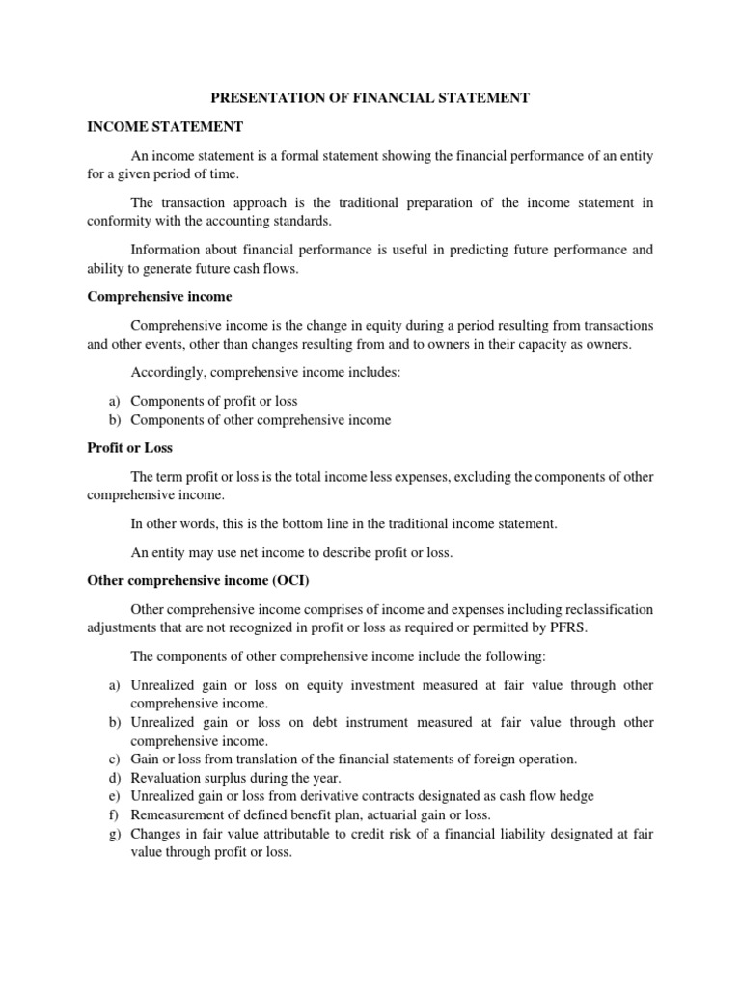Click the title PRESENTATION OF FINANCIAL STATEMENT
click(x=370, y=99)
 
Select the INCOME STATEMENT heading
click(x=165, y=126)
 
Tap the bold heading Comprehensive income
click(x=159, y=296)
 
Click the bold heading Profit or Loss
click(x=129, y=448)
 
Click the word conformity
click(x=120, y=220)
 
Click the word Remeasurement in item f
click(x=177, y=814)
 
